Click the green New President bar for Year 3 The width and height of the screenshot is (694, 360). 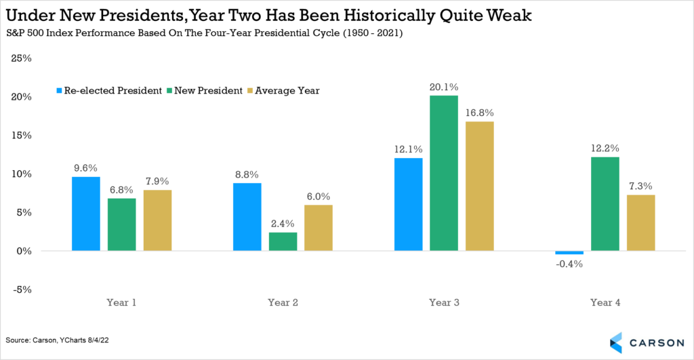pos(444,173)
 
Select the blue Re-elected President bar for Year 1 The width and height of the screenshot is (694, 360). pos(86,214)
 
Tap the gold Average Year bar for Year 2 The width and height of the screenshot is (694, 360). pos(318,227)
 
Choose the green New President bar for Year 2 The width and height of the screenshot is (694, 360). pos(283,241)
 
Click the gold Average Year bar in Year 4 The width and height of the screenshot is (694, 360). pos(640,222)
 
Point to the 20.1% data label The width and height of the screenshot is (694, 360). pos(444,87)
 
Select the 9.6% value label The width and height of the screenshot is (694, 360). pos(86,167)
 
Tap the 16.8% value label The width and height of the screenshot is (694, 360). pos(480,113)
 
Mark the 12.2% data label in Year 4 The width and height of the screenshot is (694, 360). pos(605,148)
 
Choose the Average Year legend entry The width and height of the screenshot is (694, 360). pos(288,91)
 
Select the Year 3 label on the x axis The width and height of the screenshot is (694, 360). pos(444,303)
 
